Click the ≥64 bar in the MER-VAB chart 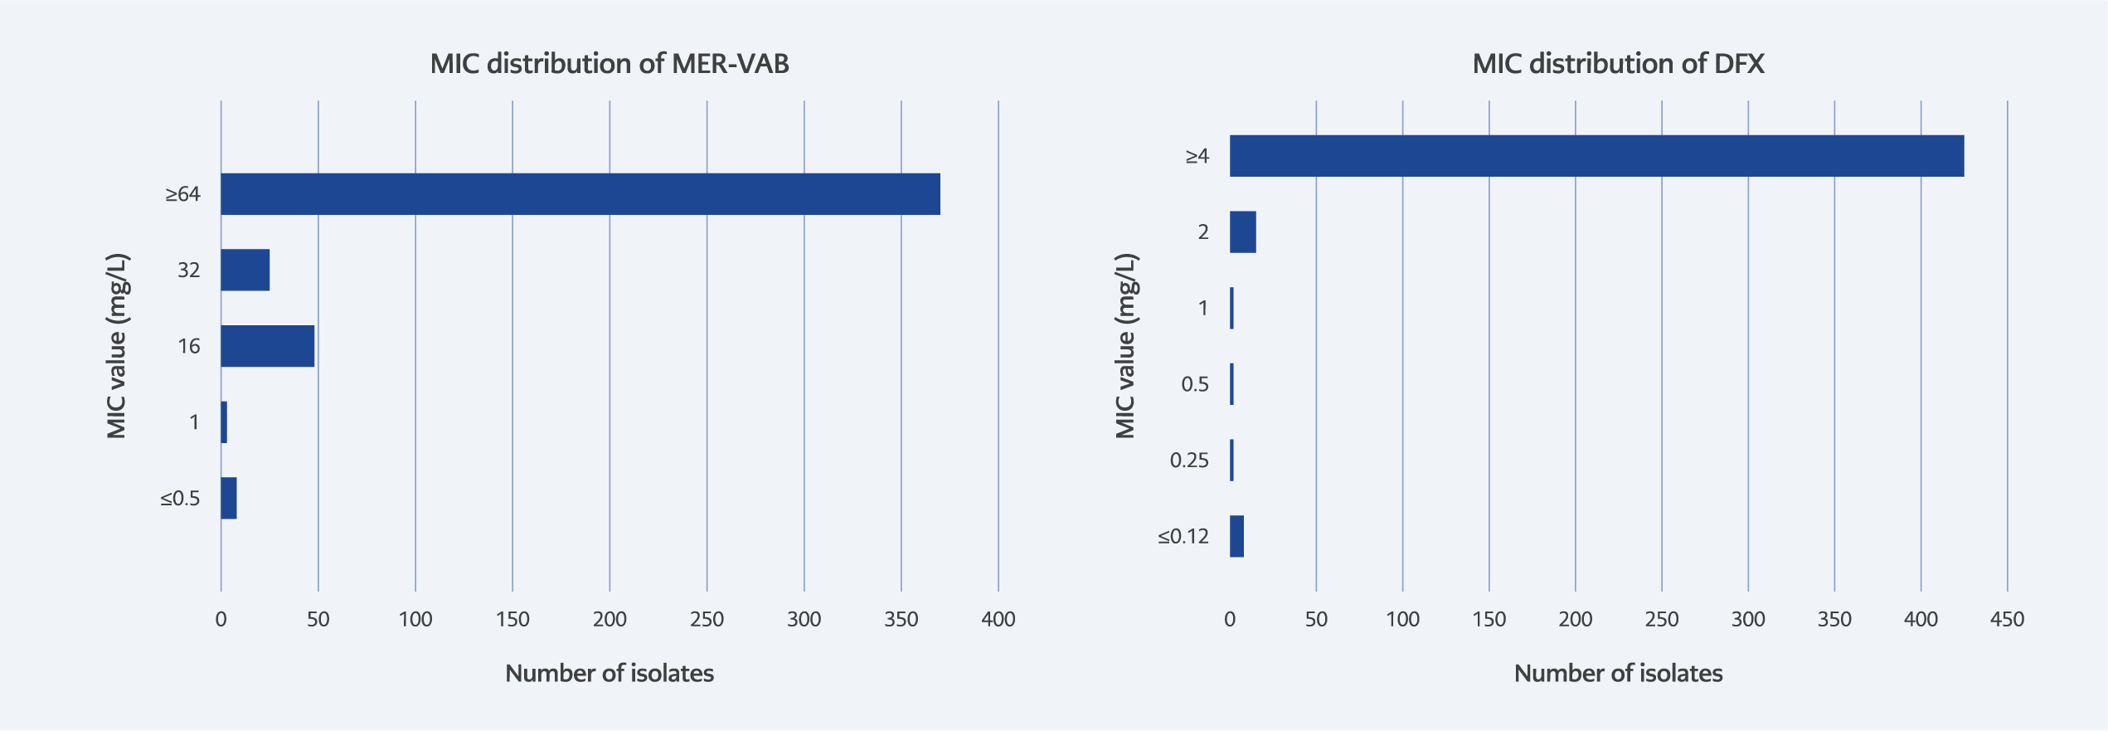point(580,194)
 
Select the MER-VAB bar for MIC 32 point(245,270)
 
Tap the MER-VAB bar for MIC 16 point(267,346)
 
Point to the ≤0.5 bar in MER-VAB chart point(229,498)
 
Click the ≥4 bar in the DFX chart point(1596,156)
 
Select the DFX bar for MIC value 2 point(1242,232)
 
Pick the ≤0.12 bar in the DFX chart point(1236,536)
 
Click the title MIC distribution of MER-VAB point(610,64)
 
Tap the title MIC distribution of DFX point(1618,64)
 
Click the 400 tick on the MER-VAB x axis point(998,619)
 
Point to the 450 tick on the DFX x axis point(2007,619)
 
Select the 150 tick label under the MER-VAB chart point(512,619)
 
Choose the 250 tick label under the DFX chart point(1662,619)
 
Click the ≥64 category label point(182,194)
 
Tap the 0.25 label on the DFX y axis point(1189,461)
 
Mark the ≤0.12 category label point(1183,537)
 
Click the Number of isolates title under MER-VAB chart point(610,673)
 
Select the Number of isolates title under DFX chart point(1618,673)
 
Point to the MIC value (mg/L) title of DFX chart point(1124,346)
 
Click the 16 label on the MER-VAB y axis point(189,346)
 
